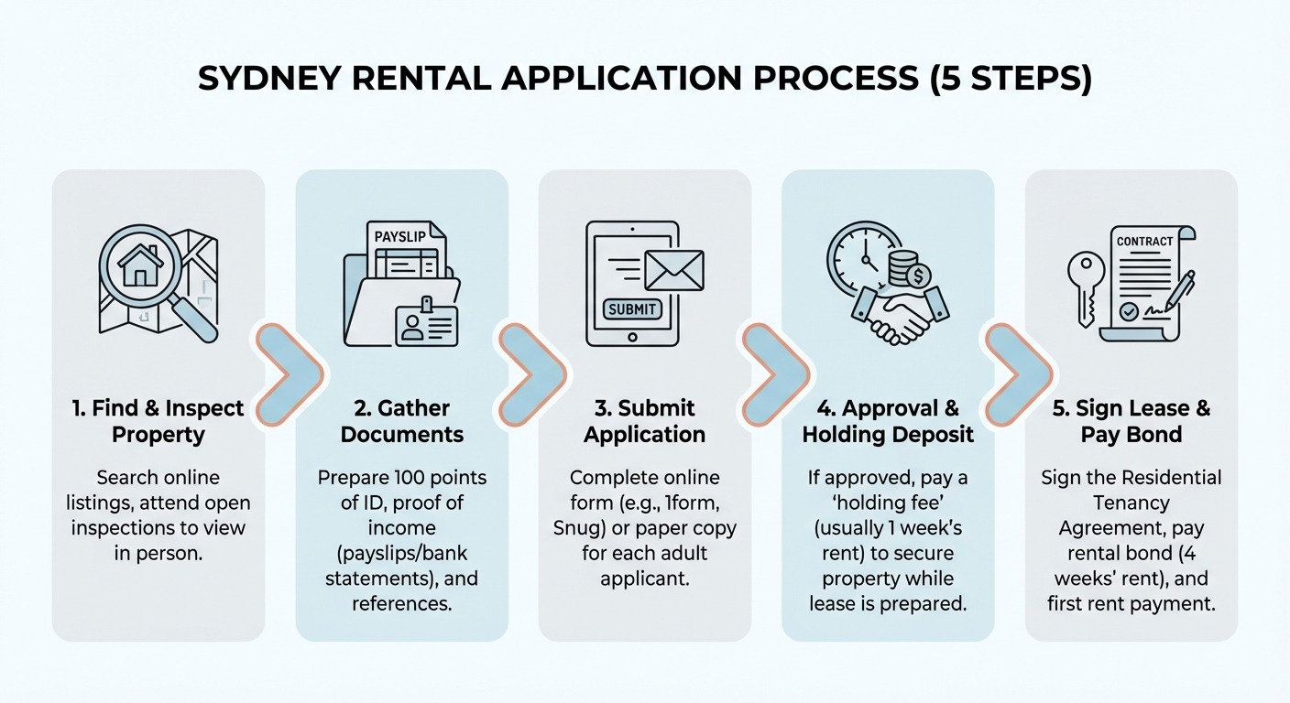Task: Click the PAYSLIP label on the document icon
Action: (399, 236)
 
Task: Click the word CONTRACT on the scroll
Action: (1144, 241)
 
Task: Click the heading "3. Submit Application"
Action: (644, 421)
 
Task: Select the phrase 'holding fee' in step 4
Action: (888, 503)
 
